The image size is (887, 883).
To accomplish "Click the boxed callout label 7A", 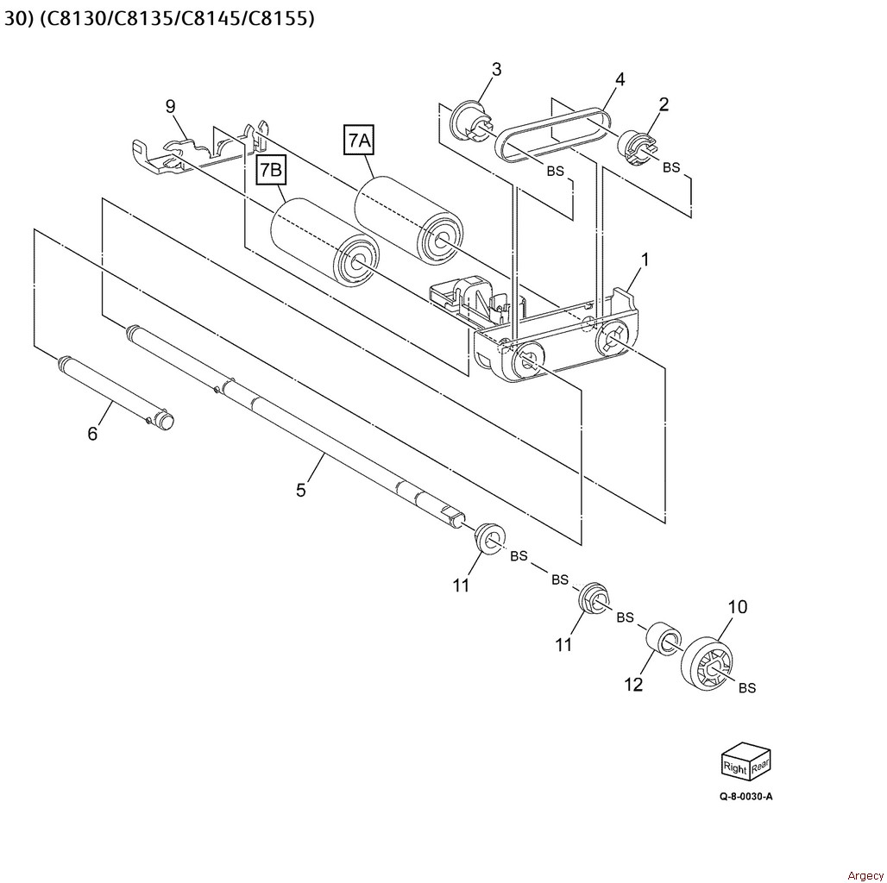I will coord(359,140).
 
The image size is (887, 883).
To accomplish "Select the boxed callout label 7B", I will coord(271,171).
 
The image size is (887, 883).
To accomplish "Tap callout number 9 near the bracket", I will coord(170,106).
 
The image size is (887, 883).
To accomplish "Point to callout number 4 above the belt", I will coord(620,79).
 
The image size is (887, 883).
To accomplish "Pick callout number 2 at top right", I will coord(664,104).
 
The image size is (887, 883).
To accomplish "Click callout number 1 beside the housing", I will coord(645,259).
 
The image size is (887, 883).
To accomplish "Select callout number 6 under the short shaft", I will coord(92,433).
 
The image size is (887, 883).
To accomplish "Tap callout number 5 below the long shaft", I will coord(300,490).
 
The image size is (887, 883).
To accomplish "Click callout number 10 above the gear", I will coord(737,607).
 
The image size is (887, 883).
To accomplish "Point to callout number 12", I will coord(633,684).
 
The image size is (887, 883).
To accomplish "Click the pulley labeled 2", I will coord(638,147).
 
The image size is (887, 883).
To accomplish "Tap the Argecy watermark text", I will coord(865,875).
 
